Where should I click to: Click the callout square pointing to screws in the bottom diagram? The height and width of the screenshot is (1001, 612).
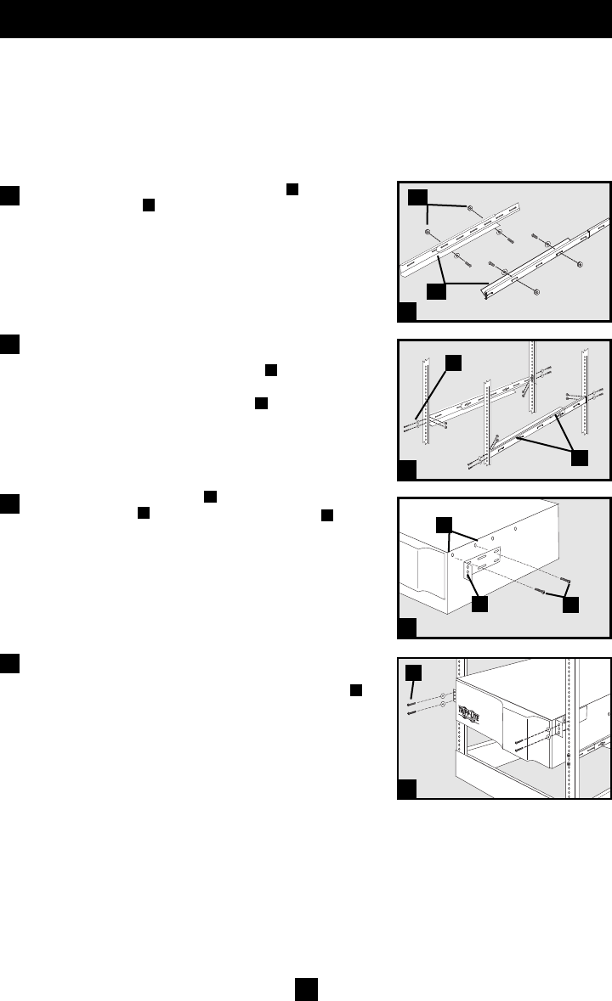click(413, 673)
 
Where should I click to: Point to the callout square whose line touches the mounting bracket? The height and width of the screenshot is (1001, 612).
click(479, 605)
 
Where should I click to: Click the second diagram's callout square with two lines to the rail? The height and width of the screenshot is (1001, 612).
click(580, 458)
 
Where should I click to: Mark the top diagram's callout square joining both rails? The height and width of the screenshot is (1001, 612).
click(436, 290)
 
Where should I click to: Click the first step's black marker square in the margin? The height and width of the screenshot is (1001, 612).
click(10, 194)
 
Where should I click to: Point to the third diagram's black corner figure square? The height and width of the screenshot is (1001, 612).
click(408, 628)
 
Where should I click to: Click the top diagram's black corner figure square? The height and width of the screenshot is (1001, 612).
click(408, 312)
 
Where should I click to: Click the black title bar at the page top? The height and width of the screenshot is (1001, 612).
click(306, 19)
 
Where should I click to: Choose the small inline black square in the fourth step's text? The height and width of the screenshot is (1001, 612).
click(357, 690)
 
